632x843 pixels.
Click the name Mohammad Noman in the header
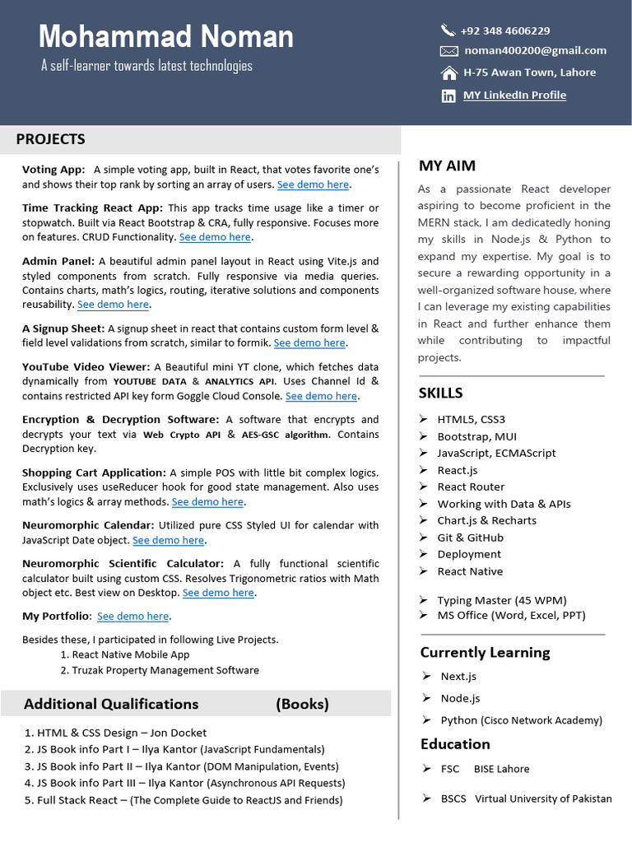click(165, 37)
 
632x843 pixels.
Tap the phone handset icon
click(448, 30)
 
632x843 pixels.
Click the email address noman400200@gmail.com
click(535, 50)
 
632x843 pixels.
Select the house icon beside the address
click(448, 72)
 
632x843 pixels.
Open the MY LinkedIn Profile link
click(514, 95)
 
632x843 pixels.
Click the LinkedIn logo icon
click(448, 95)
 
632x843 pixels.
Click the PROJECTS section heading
click(50, 139)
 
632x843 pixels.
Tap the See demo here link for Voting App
click(313, 184)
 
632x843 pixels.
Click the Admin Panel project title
click(58, 261)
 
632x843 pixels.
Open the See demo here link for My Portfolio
click(132, 616)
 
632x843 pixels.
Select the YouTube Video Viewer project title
click(86, 367)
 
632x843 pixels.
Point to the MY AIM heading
click(447, 165)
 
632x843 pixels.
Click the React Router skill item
click(471, 487)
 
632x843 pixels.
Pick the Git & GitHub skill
click(470, 538)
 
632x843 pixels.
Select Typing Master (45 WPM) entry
click(501, 600)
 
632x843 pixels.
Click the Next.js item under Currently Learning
click(458, 676)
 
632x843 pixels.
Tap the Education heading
click(455, 743)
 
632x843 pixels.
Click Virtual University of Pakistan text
click(543, 799)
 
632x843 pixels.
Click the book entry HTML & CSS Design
click(122, 733)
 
